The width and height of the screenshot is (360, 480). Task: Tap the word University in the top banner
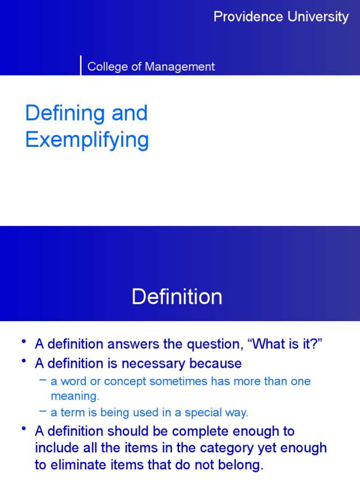pyautogui.click(x=318, y=17)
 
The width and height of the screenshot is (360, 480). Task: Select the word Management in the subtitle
pyautogui.click(x=180, y=67)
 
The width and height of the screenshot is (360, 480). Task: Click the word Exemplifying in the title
pyautogui.click(x=87, y=140)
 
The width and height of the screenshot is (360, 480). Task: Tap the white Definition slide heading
pyautogui.click(x=177, y=297)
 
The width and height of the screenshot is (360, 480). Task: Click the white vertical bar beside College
pyautogui.click(x=81, y=65)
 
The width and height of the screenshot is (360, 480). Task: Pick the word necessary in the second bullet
pyautogui.click(x=149, y=363)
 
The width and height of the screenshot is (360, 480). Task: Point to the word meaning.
pyautogui.click(x=75, y=396)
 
